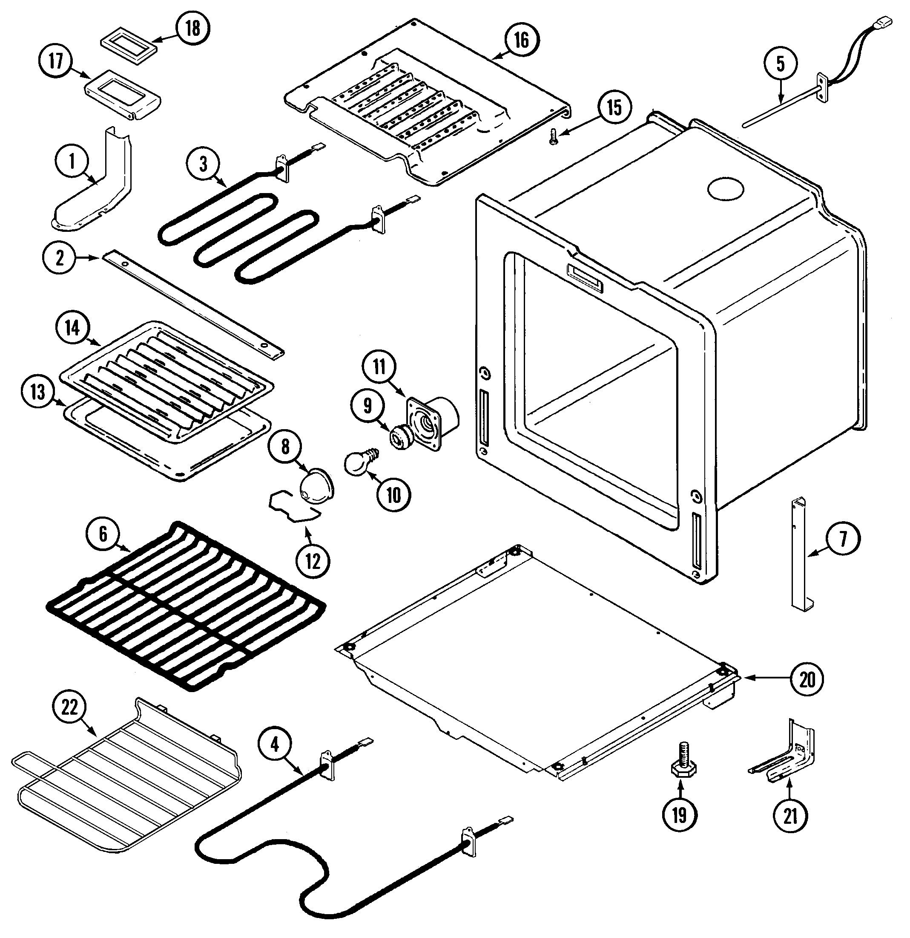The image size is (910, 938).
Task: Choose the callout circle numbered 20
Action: coord(808,678)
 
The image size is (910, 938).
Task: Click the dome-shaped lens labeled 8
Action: coord(316,486)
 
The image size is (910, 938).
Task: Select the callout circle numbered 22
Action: coord(70,707)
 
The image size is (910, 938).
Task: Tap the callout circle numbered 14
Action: coord(73,328)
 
